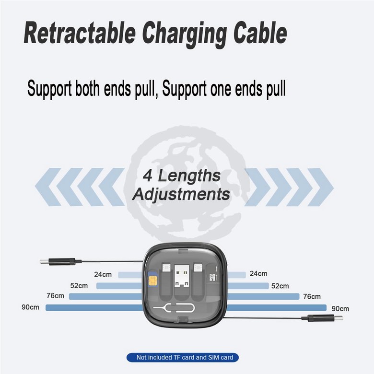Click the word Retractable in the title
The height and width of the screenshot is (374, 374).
[80, 33]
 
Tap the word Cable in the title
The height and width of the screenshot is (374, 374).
[260, 33]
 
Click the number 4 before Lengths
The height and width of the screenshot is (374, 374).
[148, 175]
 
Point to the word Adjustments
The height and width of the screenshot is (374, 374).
[181, 194]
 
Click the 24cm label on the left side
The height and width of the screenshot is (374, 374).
[103, 275]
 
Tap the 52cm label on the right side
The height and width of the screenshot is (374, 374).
[280, 286]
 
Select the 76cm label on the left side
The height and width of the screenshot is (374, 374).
[55, 296]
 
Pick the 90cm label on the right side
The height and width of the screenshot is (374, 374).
[340, 309]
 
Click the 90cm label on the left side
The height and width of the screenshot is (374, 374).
[30, 307]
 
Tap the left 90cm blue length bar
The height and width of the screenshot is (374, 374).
[94, 308]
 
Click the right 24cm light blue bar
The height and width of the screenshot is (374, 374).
[236, 275]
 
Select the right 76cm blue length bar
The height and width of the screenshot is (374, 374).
[263, 296]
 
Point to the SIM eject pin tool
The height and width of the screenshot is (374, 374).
[174, 308]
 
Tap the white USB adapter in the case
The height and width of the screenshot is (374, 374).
[182, 276]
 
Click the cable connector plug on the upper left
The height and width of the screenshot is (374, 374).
[61, 262]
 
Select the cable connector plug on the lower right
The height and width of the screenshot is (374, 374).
[322, 318]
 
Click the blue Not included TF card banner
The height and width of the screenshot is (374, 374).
[183, 357]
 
